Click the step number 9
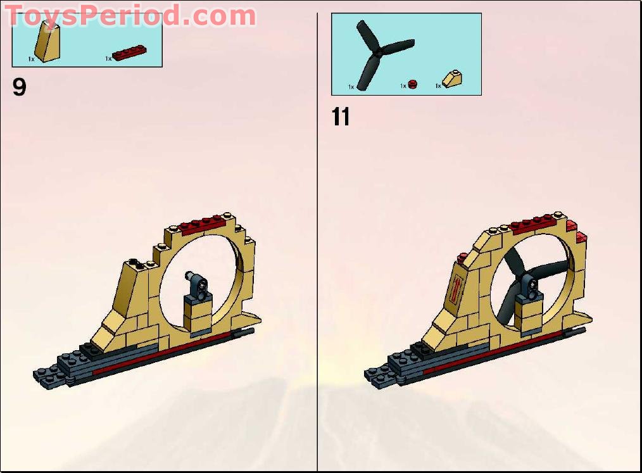(x=20, y=87)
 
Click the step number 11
(x=341, y=117)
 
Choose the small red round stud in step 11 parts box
(x=413, y=84)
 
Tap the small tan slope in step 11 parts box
(x=451, y=79)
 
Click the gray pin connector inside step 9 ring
(x=196, y=280)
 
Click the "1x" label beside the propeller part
(x=351, y=86)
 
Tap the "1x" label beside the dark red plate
(x=108, y=58)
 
